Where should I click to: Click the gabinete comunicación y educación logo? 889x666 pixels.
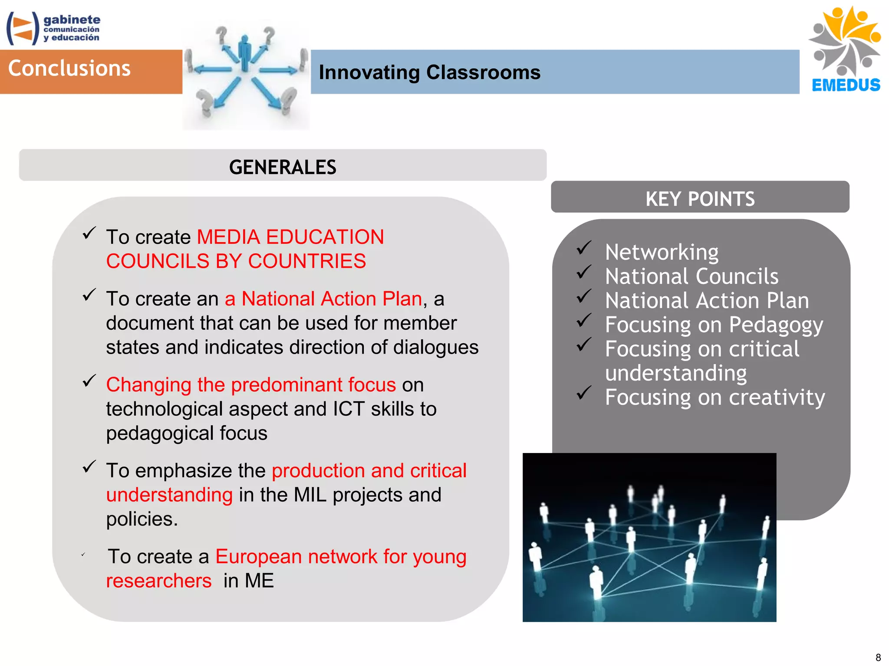click(53, 29)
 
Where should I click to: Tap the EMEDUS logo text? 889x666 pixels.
click(846, 85)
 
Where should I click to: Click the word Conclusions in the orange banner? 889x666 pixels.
click(69, 69)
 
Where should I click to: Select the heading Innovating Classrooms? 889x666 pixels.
click(429, 72)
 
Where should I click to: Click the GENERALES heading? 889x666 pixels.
click(283, 167)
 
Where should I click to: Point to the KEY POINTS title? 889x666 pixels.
click(700, 199)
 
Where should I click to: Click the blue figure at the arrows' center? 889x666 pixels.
click(245, 54)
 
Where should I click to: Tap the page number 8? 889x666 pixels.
click(878, 657)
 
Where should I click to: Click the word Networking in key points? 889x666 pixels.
click(662, 252)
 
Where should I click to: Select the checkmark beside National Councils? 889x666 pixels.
click(584, 272)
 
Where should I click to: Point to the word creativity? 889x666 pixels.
click(777, 397)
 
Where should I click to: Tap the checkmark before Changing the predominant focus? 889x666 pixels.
click(89, 381)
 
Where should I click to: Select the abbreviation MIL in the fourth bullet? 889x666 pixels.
click(310, 495)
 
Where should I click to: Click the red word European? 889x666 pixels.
click(259, 557)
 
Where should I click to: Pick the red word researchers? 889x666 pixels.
click(159, 581)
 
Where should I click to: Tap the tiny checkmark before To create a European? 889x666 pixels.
click(83, 554)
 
